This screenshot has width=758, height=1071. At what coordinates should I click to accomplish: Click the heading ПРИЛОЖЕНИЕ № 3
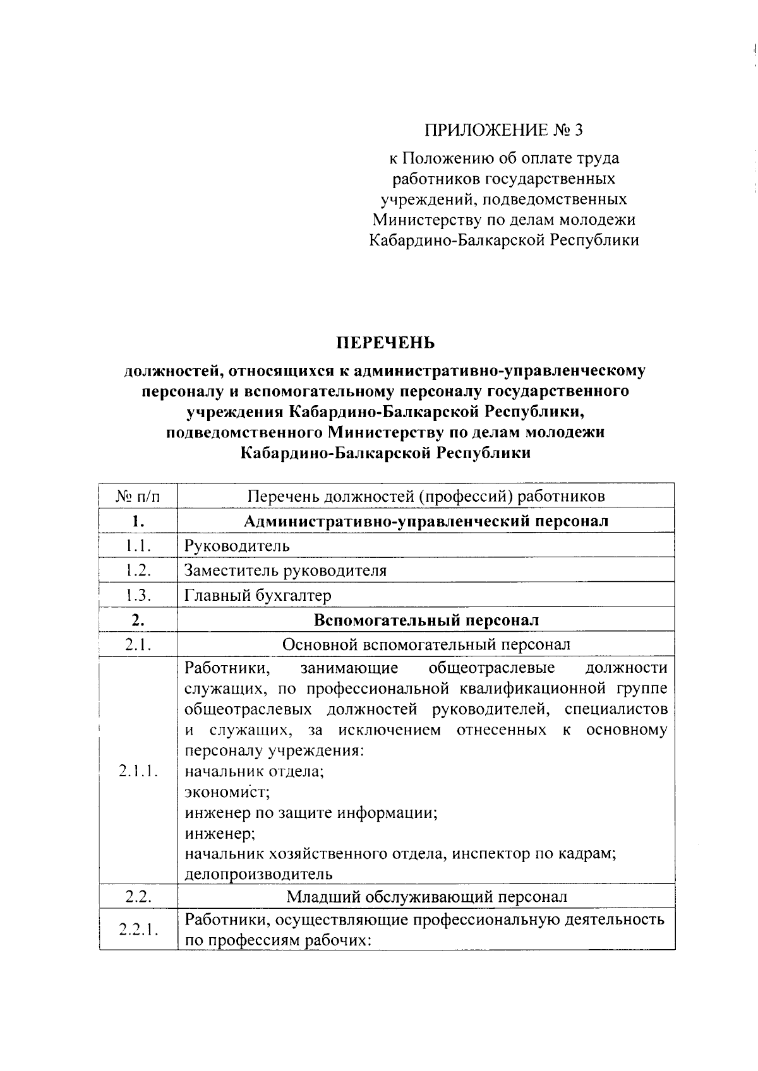click(x=503, y=131)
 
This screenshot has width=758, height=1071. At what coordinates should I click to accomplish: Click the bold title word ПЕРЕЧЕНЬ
click(x=385, y=343)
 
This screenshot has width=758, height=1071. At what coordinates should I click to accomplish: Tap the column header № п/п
click(x=138, y=496)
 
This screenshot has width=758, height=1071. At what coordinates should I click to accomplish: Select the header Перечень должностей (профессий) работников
click(x=426, y=496)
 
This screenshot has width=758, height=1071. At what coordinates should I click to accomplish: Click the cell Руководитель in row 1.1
click(x=237, y=545)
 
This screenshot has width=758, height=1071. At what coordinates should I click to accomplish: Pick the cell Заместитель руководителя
click(x=285, y=571)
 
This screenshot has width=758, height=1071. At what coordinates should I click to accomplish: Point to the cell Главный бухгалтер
click(x=257, y=595)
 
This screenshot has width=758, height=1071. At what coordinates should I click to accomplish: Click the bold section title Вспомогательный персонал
click(x=426, y=620)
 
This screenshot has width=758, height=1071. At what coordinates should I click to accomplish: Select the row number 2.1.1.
click(x=138, y=771)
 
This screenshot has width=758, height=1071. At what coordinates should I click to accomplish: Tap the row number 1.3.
click(x=138, y=595)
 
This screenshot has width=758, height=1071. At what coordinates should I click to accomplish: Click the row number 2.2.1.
click(x=138, y=930)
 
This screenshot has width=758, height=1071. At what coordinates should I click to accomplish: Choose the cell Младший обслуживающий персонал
click(x=426, y=897)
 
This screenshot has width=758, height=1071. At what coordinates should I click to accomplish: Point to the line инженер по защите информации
click(x=311, y=813)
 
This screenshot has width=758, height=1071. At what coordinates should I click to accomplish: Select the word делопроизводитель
click(x=258, y=875)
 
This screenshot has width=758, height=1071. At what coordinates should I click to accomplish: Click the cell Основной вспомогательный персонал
click(x=426, y=644)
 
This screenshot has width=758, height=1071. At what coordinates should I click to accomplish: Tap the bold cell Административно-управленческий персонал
click(x=426, y=521)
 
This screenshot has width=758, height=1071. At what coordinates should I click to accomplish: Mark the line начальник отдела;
click(x=254, y=771)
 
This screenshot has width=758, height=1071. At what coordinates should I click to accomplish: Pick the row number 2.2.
click(x=138, y=897)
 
